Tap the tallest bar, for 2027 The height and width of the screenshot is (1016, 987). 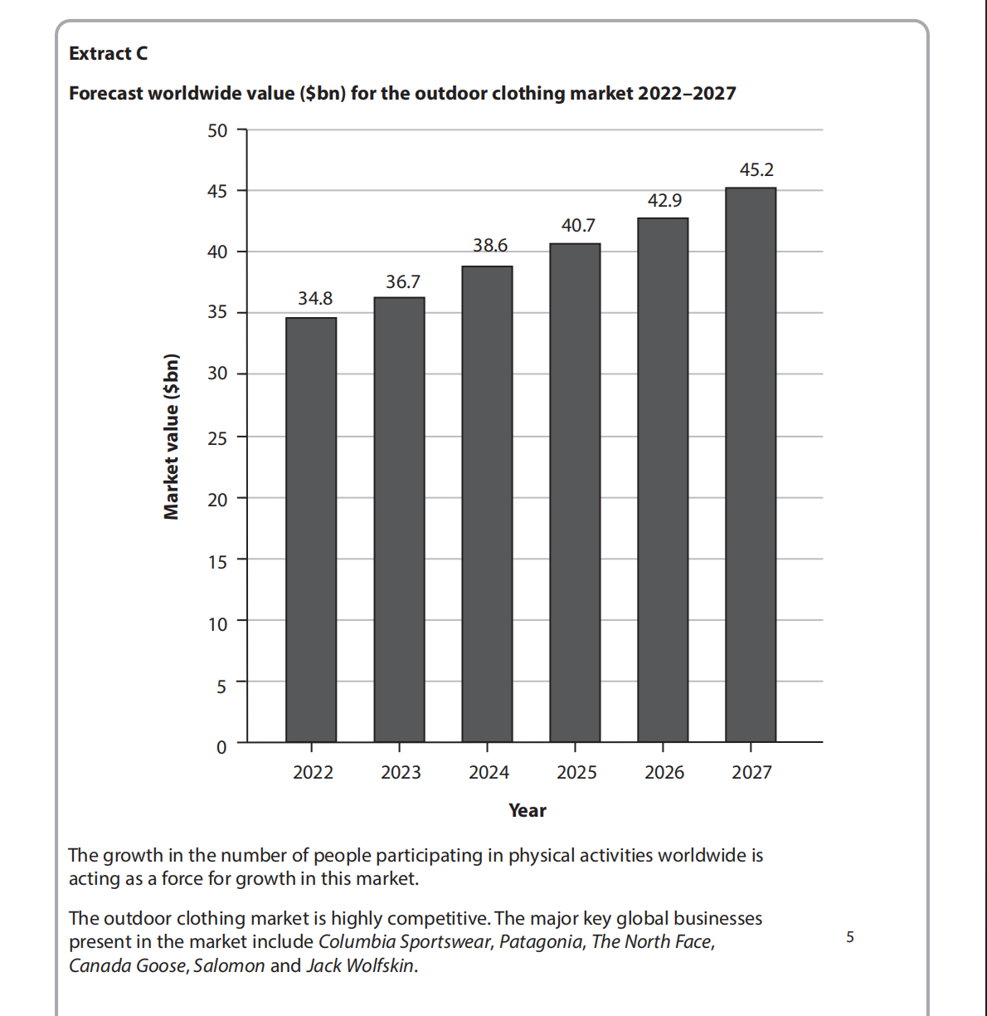(x=751, y=465)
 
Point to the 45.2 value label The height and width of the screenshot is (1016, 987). (x=756, y=170)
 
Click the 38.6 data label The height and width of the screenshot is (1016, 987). (x=490, y=245)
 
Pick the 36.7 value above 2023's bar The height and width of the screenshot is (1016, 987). (x=403, y=282)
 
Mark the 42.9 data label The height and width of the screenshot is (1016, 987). (x=664, y=201)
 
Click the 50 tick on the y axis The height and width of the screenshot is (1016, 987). (x=217, y=130)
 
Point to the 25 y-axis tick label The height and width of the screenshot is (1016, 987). (x=217, y=438)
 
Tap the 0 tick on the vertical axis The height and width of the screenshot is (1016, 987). (x=221, y=747)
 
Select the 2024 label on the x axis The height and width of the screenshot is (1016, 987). (x=489, y=773)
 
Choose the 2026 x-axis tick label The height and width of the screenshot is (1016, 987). (x=664, y=773)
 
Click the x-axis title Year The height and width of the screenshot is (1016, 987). (x=528, y=811)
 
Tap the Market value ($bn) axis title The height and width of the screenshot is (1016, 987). (x=172, y=437)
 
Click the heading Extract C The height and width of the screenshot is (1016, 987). (x=109, y=54)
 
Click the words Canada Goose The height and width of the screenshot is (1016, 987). (x=128, y=966)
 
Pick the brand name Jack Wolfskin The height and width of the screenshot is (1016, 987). (x=360, y=966)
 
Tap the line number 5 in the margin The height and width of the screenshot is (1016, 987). (x=849, y=937)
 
